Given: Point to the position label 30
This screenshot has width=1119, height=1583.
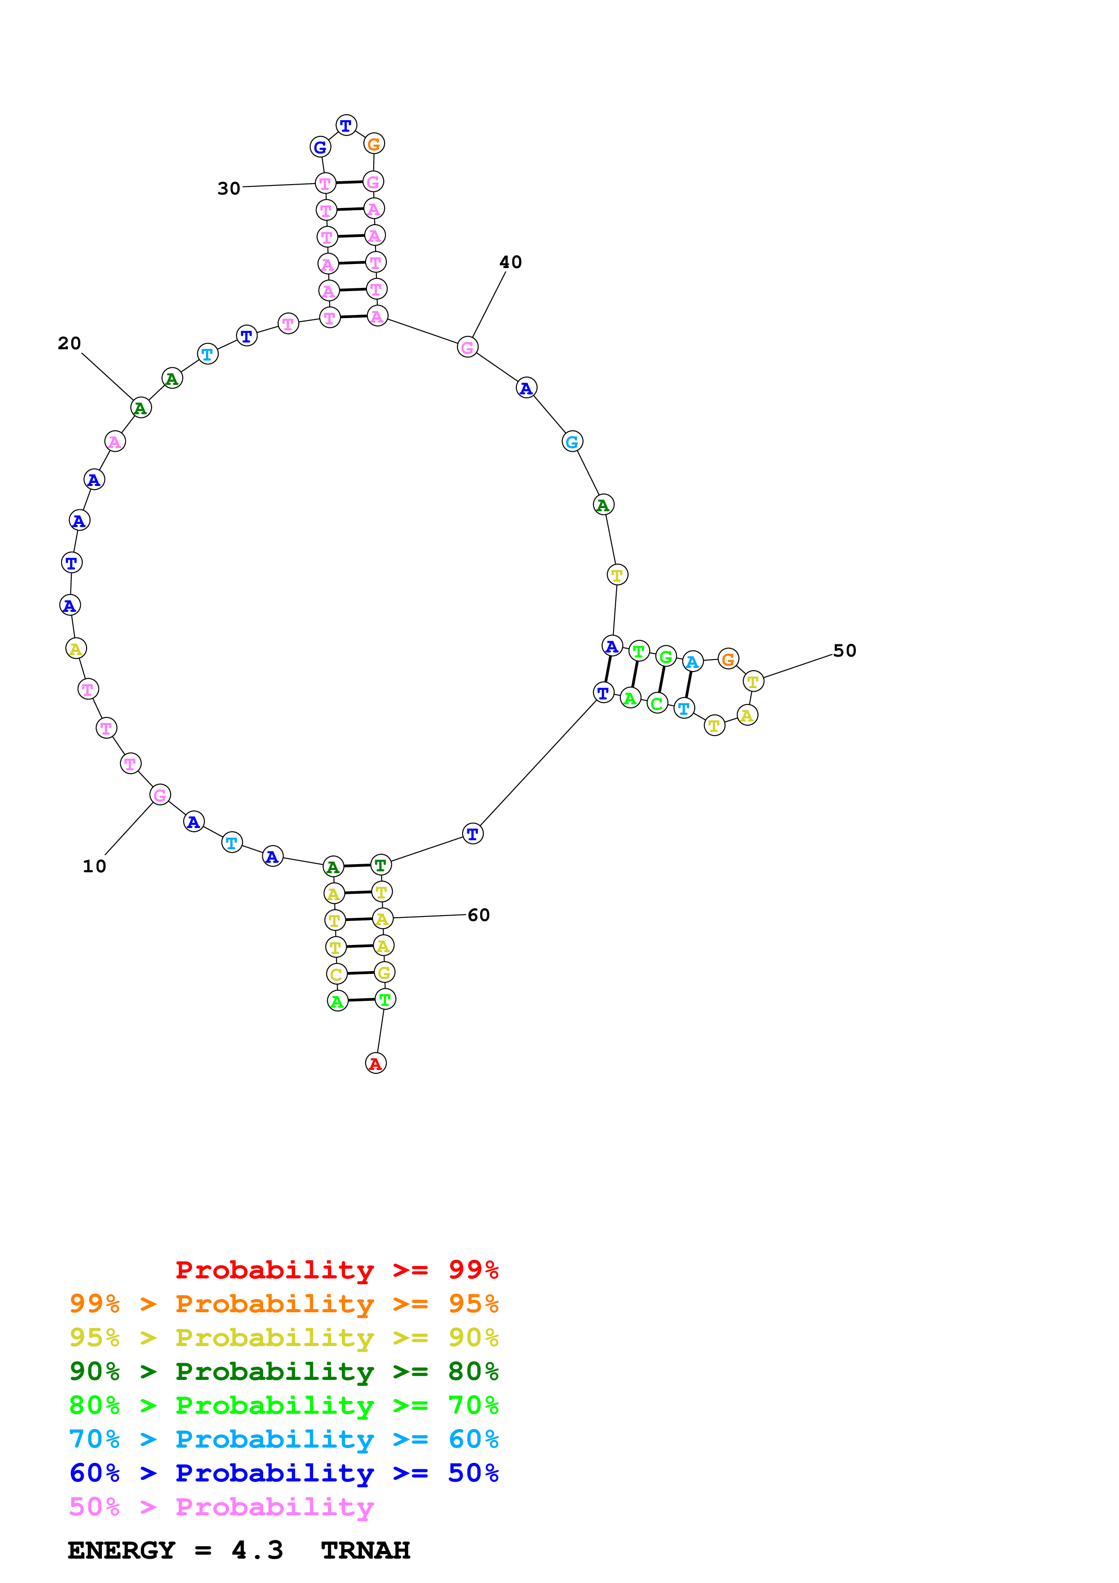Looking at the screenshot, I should [x=229, y=188].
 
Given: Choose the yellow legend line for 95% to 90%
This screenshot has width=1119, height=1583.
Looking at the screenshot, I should [x=283, y=1337].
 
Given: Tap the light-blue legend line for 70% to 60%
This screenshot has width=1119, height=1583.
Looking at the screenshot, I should [x=283, y=1439].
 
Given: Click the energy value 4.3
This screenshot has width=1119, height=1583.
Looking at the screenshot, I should [x=257, y=1551].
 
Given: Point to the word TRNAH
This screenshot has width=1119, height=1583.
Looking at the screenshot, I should [x=366, y=1551].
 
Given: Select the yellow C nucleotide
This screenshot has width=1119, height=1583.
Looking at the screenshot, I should [x=336, y=974].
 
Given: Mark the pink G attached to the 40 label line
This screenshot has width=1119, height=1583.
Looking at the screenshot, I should [x=468, y=347].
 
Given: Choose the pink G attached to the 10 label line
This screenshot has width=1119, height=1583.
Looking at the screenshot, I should [x=160, y=795].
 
